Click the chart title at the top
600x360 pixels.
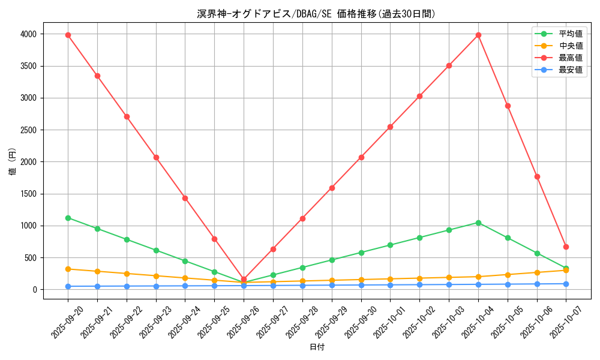point(316,14)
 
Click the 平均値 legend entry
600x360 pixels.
point(570,34)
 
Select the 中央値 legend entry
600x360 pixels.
point(570,46)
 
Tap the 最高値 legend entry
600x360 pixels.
point(570,58)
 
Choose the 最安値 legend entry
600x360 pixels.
point(570,70)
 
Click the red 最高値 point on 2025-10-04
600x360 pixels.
point(478,35)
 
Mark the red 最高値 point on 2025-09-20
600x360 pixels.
point(68,35)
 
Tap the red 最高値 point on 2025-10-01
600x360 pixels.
point(390,127)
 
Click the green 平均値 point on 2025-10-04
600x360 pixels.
point(478,223)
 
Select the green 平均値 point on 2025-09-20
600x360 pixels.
point(68,218)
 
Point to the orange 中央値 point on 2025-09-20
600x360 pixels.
point(68,269)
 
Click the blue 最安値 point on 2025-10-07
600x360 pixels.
point(566,284)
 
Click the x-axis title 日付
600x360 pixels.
point(317,347)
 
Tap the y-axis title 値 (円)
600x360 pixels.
point(13,162)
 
